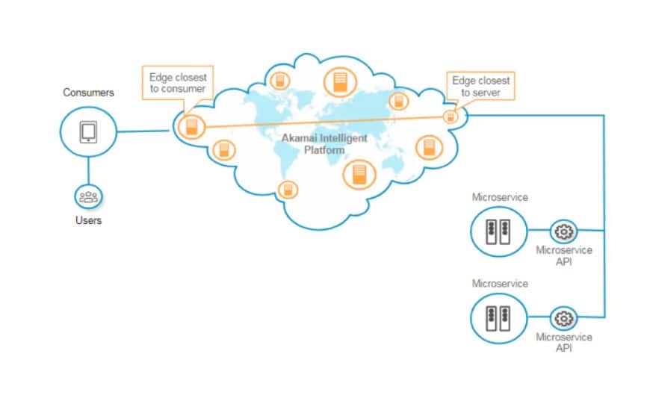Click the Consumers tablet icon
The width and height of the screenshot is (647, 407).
89,131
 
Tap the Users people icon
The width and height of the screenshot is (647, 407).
88,197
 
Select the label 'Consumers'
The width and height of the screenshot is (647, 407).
88,93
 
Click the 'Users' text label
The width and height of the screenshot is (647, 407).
88,220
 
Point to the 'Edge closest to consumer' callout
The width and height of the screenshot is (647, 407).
178,83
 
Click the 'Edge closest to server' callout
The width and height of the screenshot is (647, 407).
481,86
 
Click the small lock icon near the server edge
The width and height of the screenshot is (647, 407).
450,116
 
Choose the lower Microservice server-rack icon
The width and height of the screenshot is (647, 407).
498,317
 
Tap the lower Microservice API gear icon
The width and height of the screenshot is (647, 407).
564,318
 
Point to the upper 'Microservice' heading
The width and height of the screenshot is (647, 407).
500,197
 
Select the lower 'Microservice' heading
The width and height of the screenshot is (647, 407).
500,285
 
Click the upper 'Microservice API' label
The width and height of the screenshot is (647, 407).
564,255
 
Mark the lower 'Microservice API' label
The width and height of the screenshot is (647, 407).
564,342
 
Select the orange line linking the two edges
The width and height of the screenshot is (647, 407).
321,121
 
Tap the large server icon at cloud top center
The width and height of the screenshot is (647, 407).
340,82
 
